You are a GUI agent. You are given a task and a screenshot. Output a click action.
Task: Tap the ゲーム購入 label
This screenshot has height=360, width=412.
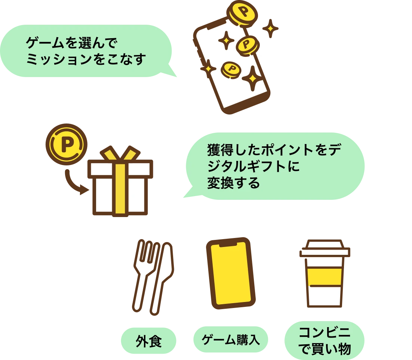coord(230,340)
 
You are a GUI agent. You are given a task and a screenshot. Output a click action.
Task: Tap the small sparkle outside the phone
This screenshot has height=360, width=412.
coord(270,29)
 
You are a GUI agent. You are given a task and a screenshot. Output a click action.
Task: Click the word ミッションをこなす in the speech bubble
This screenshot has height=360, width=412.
coord(86,59)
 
